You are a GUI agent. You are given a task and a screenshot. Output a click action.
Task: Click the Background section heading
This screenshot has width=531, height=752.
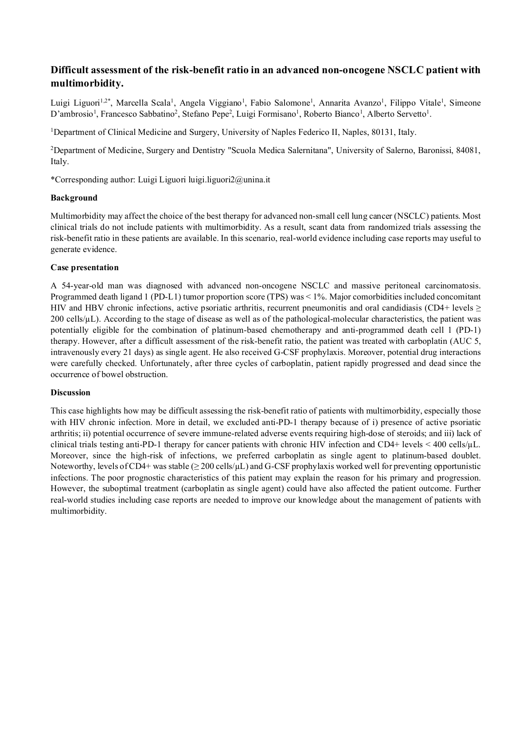point(74,198)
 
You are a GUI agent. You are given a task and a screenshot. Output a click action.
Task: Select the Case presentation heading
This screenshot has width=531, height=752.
point(84,268)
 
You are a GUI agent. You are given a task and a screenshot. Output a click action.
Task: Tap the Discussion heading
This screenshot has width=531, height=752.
point(70,393)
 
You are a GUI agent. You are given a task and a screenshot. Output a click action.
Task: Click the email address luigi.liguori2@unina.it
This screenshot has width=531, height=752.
point(229,180)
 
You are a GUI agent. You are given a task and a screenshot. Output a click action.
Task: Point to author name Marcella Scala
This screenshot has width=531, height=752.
point(143,103)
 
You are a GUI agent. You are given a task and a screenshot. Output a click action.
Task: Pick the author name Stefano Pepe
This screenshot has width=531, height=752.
point(212,114)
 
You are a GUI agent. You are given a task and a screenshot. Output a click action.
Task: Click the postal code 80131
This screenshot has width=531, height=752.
point(381,132)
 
